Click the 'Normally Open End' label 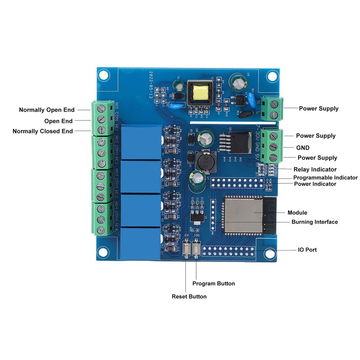pos(47,110)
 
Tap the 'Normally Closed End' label pos(42,131)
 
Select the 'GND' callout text pos(303,148)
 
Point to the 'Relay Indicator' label pos(315,169)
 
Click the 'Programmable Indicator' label pos(325,177)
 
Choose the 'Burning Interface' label pos(315,222)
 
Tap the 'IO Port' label pos(307,249)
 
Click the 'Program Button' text pos(213,283)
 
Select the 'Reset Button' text pos(189,296)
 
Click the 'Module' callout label pos(297,212)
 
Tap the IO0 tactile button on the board pos(197,249)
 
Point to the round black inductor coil pos(205,161)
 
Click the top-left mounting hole pos(104,75)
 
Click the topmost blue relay pos(141,142)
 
